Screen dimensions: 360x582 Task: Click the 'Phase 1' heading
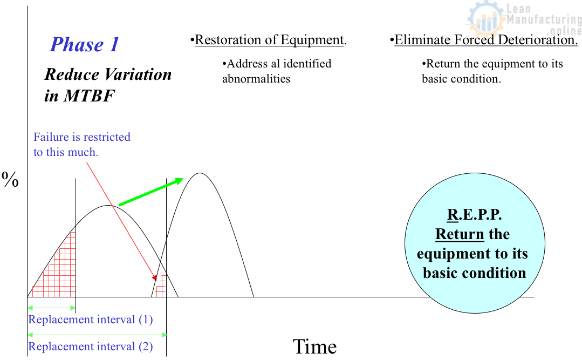pyautogui.click(x=85, y=45)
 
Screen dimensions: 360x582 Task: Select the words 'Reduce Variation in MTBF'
pyautogui.click(x=107, y=85)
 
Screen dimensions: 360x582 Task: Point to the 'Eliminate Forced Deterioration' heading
pyautogui.click(x=485, y=40)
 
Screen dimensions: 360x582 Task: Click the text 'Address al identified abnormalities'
pyautogui.click(x=276, y=71)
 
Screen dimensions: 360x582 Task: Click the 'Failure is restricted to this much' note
pyautogui.click(x=81, y=145)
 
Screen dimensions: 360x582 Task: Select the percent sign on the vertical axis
pyautogui.click(x=11, y=180)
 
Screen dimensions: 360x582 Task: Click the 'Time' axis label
pyautogui.click(x=314, y=347)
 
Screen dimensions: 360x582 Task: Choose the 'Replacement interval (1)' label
pyautogui.click(x=91, y=320)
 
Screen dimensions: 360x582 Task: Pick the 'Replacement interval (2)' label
pyautogui.click(x=91, y=347)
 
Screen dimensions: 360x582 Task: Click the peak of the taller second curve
pyautogui.click(x=200, y=173)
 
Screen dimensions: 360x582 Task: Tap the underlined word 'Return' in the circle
pyautogui.click(x=459, y=235)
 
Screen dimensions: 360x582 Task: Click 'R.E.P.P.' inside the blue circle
pyautogui.click(x=474, y=215)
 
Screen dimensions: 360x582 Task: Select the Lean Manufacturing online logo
pyautogui.click(x=524, y=19)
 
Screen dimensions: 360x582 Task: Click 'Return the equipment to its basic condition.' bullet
pyautogui.click(x=492, y=71)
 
